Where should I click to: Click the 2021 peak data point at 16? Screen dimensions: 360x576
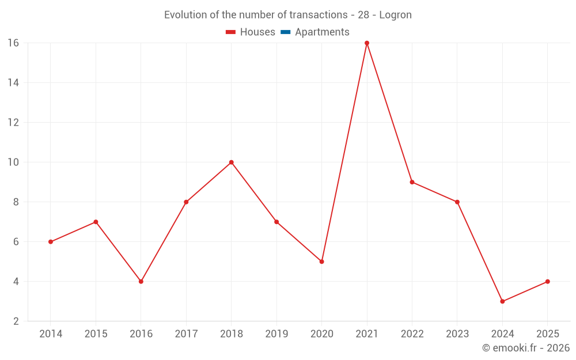[367, 43]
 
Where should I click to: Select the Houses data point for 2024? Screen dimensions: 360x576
[502, 301]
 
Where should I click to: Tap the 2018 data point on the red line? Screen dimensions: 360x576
[232, 162]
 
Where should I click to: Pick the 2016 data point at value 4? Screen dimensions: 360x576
[141, 282]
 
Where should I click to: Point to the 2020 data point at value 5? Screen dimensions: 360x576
[321, 262]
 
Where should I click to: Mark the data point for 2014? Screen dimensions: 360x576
[51, 242]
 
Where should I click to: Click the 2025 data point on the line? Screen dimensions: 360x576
[547, 282]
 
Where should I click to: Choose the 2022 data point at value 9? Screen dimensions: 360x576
[412, 182]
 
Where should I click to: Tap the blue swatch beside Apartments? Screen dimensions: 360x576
[285, 32]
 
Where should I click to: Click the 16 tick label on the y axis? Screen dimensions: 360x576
[13, 43]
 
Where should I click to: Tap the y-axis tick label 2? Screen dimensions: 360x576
[16, 321]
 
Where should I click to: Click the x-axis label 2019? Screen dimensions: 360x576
[276, 334]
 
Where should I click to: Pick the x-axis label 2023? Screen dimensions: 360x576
[457, 334]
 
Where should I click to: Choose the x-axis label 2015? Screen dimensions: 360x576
[96, 334]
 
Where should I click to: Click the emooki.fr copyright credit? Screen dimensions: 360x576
[525, 348]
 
